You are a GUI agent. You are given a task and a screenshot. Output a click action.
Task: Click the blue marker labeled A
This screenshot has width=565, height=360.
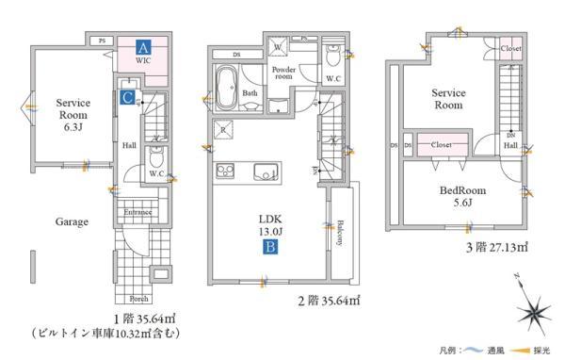click(142, 45)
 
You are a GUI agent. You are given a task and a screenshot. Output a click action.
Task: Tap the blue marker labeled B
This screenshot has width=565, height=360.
click(268, 249)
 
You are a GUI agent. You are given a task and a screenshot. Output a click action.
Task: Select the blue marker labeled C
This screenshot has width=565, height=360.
click(126, 96)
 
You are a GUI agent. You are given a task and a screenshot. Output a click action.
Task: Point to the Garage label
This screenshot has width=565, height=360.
click(71, 222)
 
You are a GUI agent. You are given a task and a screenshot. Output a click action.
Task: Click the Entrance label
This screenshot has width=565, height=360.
click(138, 214)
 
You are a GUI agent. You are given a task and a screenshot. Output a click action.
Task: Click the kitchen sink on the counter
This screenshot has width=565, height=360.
click(266, 170)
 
